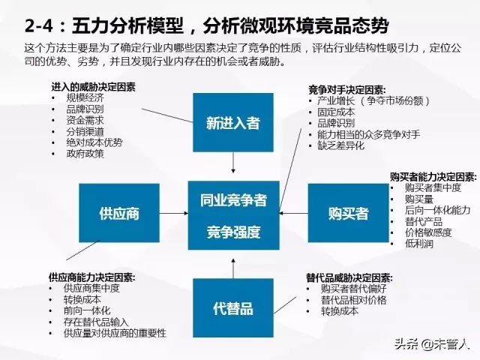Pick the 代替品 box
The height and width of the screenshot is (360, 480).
(x=232, y=307)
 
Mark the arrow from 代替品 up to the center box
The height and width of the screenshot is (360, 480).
(x=232, y=265)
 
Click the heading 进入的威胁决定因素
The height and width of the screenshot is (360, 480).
(x=94, y=87)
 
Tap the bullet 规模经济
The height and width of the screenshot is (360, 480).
(x=85, y=97)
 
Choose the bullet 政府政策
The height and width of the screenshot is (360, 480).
(x=85, y=154)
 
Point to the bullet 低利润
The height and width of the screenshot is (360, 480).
(x=418, y=244)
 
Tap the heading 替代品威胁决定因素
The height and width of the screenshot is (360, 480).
(x=349, y=277)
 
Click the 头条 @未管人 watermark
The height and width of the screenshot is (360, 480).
(x=434, y=343)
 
